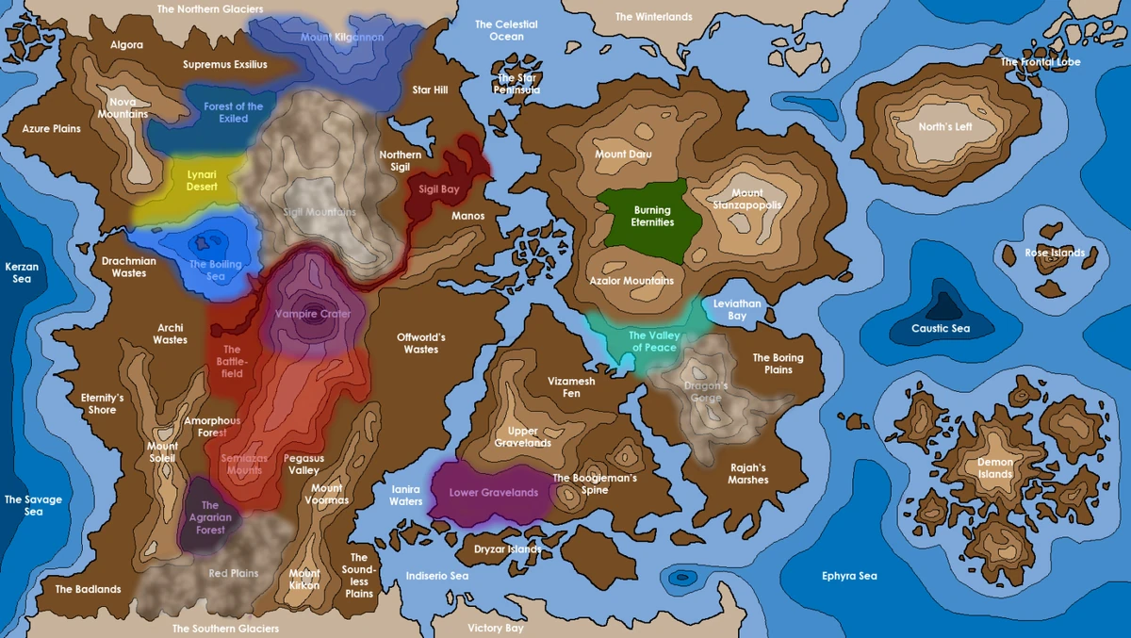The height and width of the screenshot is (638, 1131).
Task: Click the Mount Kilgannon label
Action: (x=342, y=37)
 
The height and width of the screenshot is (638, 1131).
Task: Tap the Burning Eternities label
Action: (x=652, y=217)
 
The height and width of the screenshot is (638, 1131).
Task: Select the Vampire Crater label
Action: (x=313, y=314)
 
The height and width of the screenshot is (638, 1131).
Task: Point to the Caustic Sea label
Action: (x=940, y=329)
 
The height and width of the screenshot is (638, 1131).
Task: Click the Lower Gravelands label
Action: (x=494, y=493)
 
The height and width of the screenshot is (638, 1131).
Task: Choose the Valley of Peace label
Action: (x=652, y=342)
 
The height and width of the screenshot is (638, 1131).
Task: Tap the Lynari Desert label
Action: (x=202, y=180)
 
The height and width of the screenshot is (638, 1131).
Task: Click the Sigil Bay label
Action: (x=438, y=189)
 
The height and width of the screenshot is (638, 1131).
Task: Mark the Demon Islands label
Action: (x=995, y=468)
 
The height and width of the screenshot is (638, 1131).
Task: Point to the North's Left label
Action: (x=944, y=127)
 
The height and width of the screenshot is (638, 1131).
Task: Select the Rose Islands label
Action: (x=1055, y=253)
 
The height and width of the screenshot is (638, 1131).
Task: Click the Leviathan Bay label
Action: (x=737, y=310)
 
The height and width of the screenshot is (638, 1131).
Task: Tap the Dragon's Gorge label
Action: (x=706, y=392)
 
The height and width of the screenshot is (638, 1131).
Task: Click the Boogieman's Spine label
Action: (x=595, y=484)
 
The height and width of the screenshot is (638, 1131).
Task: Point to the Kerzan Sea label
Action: (x=22, y=273)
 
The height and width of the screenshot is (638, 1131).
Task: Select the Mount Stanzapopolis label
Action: (x=747, y=200)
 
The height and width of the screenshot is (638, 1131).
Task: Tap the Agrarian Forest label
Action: (x=210, y=517)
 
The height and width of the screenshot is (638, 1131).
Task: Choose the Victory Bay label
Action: (x=496, y=628)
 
